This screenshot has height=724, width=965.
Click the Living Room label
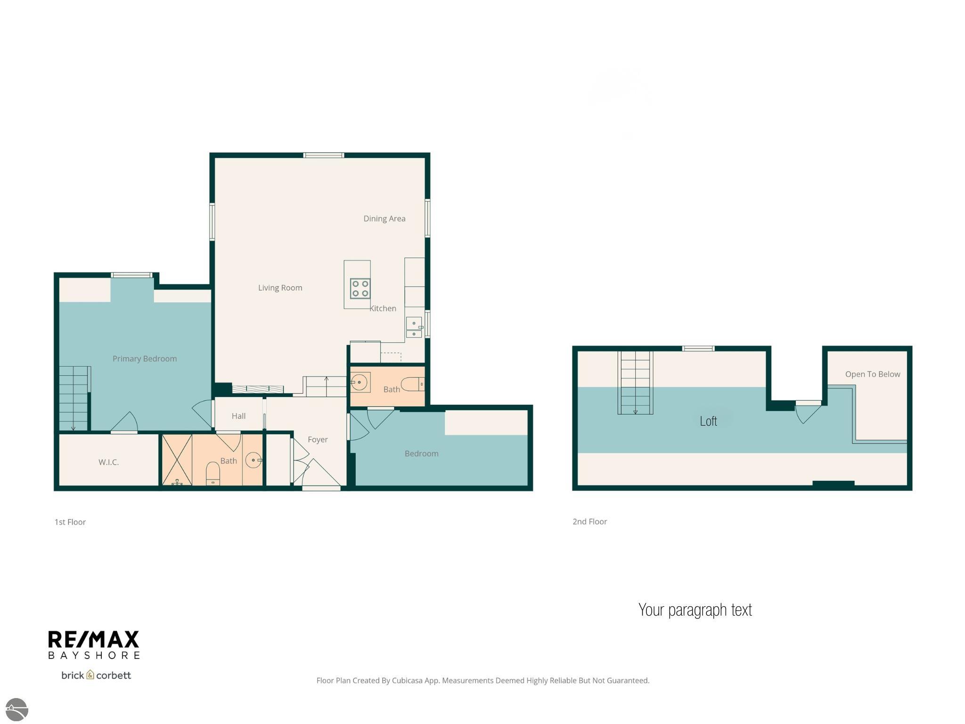click(x=280, y=288)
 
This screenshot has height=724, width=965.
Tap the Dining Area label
click(x=384, y=219)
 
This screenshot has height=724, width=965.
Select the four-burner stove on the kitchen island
click(x=360, y=288)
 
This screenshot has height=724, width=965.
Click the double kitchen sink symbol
click(x=414, y=328)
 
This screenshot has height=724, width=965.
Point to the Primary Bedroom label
click(x=145, y=359)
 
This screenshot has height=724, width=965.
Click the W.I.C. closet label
click(x=108, y=462)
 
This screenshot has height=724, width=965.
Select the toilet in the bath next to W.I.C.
click(x=213, y=474)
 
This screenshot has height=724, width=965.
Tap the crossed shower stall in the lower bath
click(x=177, y=460)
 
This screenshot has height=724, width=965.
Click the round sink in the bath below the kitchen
click(x=359, y=382)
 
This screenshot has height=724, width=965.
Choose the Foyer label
click(x=318, y=440)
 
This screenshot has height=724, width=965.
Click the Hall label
click(x=238, y=416)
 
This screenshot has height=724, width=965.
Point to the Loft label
click(x=708, y=421)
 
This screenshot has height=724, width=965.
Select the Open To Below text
click(x=872, y=374)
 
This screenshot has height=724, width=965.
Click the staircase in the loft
click(x=635, y=383)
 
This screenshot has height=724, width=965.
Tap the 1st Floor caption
click(x=70, y=522)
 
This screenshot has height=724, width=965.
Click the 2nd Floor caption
click(x=589, y=521)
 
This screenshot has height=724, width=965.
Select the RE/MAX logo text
click(x=94, y=640)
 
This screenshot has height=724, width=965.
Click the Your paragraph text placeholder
click(x=695, y=610)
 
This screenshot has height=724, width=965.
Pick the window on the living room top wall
click(x=323, y=155)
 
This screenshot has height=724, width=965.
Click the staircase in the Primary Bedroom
click(x=74, y=398)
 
